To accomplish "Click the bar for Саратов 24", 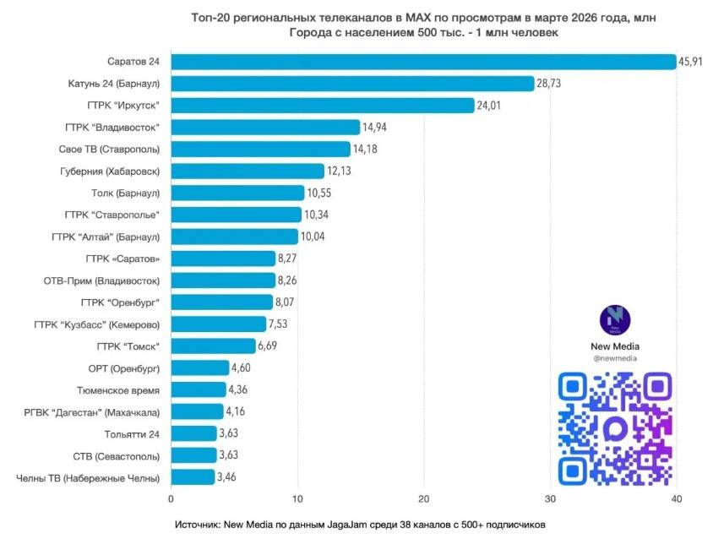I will tap(422, 62).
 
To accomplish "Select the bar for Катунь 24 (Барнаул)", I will tap(352, 84).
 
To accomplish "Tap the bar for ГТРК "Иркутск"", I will tap(323, 106).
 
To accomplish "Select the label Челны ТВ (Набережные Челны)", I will tap(88, 478).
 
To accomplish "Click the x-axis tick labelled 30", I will tap(550, 499).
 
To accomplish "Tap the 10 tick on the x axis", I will tap(297, 499).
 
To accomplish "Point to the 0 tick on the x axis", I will tap(171, 499).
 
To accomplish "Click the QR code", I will tap(614, 427).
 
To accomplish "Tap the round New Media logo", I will tap(614, 319).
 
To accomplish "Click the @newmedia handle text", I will tap(614, 358).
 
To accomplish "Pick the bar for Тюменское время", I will tap(199, 390).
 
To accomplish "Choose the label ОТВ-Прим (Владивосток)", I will tap(101, 280).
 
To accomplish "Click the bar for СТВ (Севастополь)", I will tap(193, 456).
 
